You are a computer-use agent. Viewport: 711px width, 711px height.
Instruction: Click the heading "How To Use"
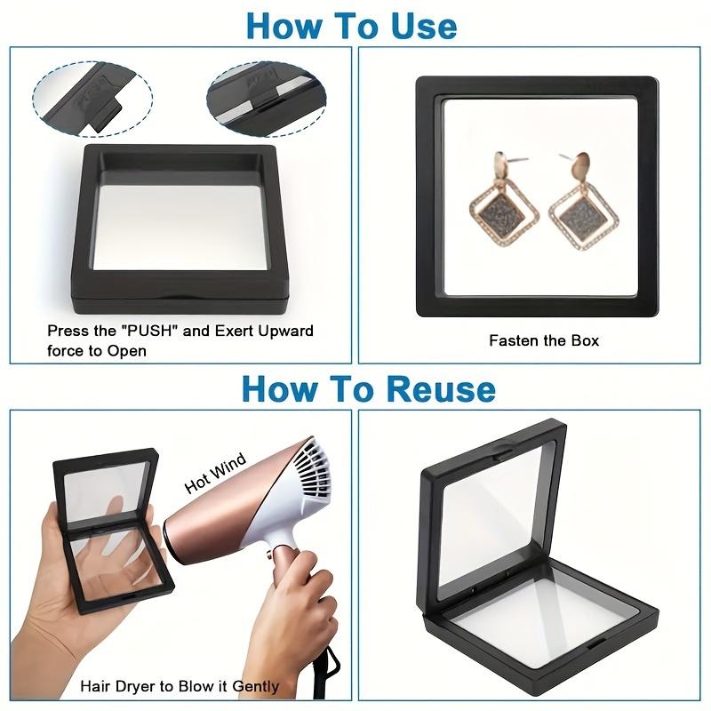pos(351,26)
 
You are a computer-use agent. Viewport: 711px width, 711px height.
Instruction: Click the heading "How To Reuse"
pos(369,388)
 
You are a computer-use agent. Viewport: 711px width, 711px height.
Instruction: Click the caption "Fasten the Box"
pos(544,340)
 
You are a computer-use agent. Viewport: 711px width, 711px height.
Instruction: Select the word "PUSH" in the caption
pos(149,330)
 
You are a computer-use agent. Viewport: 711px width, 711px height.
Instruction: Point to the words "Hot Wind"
pos(216,473)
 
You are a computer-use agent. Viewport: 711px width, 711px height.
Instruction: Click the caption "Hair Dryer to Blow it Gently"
pos(180,686)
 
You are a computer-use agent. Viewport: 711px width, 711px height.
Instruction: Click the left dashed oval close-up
pos(92,98)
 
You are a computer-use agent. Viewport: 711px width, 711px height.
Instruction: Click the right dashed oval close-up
pos(266,99)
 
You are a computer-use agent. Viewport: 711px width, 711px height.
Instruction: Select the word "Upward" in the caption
pos(285,331)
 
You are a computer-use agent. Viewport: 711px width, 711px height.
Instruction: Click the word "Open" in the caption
pos(127,351)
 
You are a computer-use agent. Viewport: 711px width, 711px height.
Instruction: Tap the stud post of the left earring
pos(517,160)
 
